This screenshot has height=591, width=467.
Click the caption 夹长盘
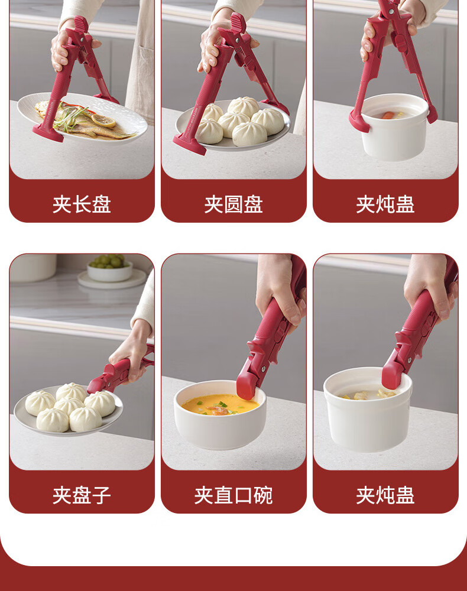pos(82,204)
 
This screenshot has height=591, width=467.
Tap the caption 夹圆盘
pos(234,204)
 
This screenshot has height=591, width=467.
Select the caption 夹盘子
pos(82,495)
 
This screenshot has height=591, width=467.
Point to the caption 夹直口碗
pos(234,495)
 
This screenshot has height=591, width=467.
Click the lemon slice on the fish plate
pos(103,121)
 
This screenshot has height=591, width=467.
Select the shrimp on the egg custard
pos(217,410)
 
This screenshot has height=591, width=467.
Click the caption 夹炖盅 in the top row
pos(385,204)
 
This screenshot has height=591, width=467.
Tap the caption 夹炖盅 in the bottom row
pos(385,495)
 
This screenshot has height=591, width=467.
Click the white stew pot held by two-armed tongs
pos(394,126)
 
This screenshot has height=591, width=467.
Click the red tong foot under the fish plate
pos(48,134)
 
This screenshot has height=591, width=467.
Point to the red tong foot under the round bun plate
pos(190,146)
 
